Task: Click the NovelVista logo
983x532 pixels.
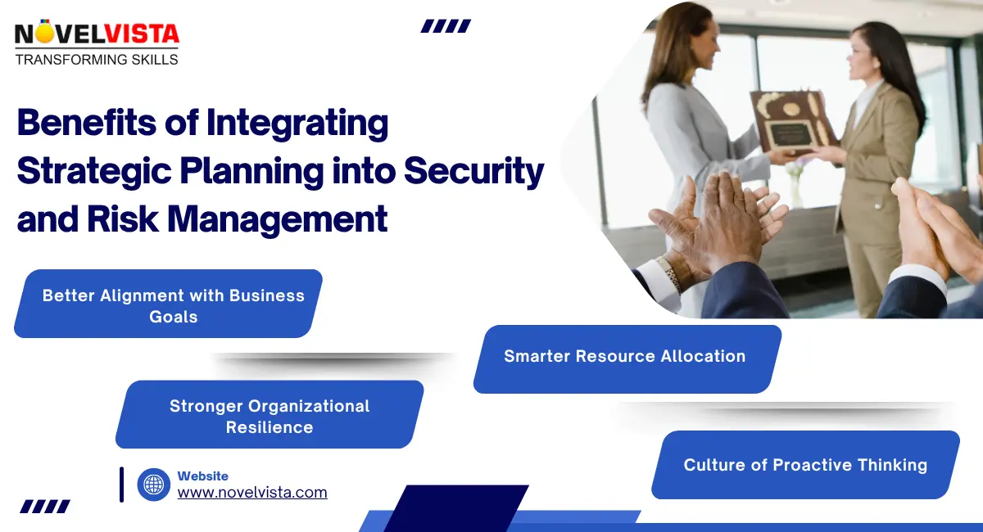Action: tap(97, 35)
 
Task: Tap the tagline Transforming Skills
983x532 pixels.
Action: tap(97, 60)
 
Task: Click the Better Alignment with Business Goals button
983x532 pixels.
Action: tap(173, 305)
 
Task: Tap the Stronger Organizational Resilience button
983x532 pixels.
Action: tap(270, 416)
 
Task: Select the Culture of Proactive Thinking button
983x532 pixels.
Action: tap(805, 465)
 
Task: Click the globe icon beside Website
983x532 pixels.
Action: tap(154, 485)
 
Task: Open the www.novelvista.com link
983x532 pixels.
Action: tap(252, 493)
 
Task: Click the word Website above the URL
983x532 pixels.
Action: tap(203, 476)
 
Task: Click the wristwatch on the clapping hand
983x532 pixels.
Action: tap(669, 273)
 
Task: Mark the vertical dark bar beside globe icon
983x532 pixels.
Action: tap(121, 484)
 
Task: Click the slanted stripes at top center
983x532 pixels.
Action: tap(446, 26)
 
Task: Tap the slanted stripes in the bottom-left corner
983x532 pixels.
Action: tap(45, 507)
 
